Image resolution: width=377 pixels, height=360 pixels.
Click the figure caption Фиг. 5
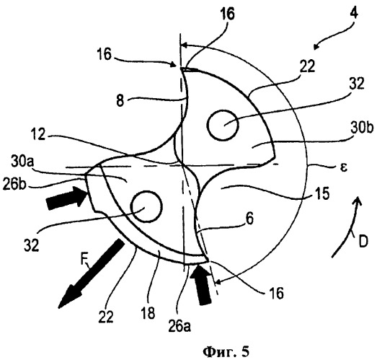pyautogui.click(x=226, y=352)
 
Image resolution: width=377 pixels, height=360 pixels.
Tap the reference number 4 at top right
pyautogui.click(x=353, y=14)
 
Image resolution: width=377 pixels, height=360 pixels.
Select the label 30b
pyautogui.click(x=362, y=128)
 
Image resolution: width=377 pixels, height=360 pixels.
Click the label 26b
pyautogui.click(x=14, y=185)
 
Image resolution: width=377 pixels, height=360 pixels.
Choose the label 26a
pyautogui.click(x=179, y=326)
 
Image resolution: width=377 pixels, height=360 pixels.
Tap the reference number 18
pyautogui.click(x=148, y=313)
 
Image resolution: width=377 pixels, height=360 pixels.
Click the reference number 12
pyautogui.click(x=38, y=134)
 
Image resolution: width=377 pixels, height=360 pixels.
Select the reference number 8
pyautogui.click(x=120, y=100)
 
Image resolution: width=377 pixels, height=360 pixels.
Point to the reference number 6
pyautogui.click(x=250, y=219)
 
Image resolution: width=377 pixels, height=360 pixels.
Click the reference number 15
pyautogui.click(x=322, y=194)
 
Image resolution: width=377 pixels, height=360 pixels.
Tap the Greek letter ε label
pyautogui.click(x=344, y=167)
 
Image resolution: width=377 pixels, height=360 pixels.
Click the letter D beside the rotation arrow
pyautogui.click(x=363, y=241)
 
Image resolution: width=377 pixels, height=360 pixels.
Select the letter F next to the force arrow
pyautogui.click(x=84, y=260)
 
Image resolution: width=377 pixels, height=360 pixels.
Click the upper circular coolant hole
pyautogui.click(x=223, y=125)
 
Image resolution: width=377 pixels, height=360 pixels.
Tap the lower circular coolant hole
pyautogui.click(x=146, y=206)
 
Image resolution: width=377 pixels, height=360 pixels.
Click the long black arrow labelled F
pyautogui.click(x=92, y=273)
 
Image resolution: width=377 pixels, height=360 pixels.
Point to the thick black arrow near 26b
pyautogui.click(x=66, y=198)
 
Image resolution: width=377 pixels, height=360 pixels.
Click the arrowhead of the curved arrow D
pyautogui.click(x=358, y=201)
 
